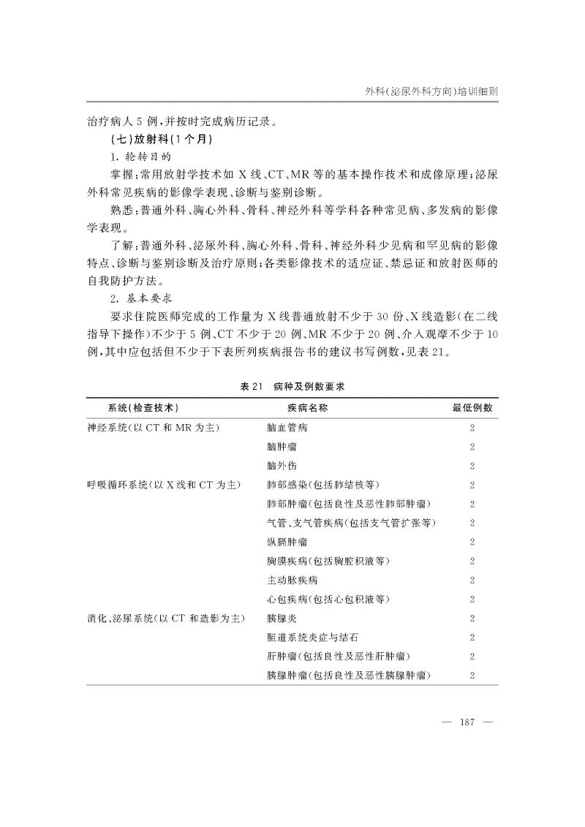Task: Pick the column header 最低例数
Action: point(472,408)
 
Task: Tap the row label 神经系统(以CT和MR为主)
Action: point(153,428)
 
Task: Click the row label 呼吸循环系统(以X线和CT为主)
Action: point(165,485)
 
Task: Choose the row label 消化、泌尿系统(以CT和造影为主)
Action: point(165,619)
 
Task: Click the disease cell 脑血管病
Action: point(287,428)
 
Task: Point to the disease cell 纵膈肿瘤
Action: point(287,542)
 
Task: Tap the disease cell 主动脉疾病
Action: point(292,581)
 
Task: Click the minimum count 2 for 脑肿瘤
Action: point(472,447)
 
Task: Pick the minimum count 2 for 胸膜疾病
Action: point(472,562)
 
